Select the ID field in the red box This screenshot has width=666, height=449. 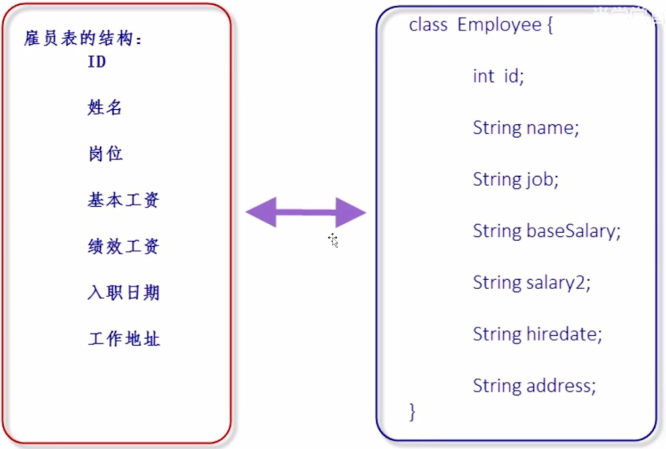pos(96,62)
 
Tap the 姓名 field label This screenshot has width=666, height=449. pos(104,107)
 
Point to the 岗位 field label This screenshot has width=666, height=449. pos(105,154)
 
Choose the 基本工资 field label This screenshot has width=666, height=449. pos(123,200)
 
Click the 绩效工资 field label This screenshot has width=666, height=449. pos(123,246)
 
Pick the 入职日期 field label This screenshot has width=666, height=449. pos(123,293)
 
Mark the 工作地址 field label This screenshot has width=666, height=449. pos(124,339)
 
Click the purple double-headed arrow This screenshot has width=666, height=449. pos(305,212)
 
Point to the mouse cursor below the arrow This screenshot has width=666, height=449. pos(333,240)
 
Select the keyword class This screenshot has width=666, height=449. pos(428,24)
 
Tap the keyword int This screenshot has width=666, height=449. pos(483,76)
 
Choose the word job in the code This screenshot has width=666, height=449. pos(541,180)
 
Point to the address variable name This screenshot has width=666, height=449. pos(560,386)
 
